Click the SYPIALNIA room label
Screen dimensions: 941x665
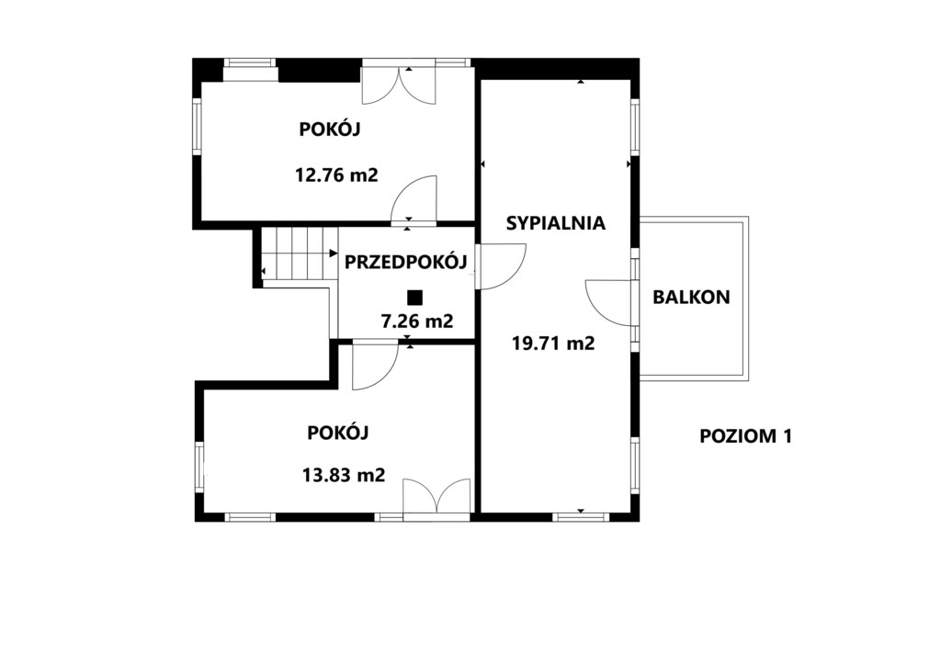point(556,223)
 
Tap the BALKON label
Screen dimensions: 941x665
point(691,297)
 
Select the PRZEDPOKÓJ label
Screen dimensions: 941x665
point(405,261)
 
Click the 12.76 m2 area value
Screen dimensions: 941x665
point(336,175)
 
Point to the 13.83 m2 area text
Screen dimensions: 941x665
point(344,475)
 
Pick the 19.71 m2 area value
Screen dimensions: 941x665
point(553,343)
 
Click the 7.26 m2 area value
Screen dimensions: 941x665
point(418,321)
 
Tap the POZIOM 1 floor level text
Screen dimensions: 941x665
point(746,436)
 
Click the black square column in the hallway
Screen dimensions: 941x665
point(414,298)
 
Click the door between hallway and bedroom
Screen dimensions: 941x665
point(501,267)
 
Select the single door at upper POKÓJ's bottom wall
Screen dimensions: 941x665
point(414,200)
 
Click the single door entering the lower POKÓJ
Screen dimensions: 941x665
point(376,366)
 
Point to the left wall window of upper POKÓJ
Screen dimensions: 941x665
point(197,127)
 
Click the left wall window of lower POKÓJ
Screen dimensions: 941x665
point(199,468)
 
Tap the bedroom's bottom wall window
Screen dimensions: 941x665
point(581,516)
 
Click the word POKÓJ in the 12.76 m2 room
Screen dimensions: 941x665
point(330,130)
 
